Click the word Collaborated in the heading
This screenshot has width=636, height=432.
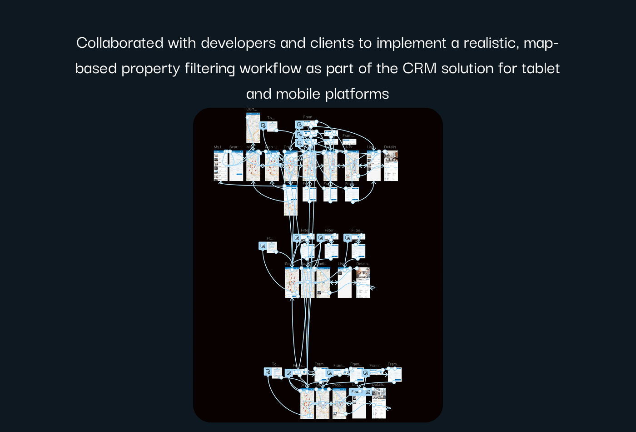(119, 43)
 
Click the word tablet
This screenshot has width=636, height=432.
(541, 68)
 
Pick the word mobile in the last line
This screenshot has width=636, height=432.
(298, 94)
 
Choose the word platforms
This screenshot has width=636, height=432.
(357, 94)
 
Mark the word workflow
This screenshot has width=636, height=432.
(270, 68)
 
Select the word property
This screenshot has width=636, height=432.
(150, 68)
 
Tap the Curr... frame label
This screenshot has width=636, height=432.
(252, 109)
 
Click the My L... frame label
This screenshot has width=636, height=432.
(219, 147)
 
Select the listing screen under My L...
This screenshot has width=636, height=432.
(220, 166)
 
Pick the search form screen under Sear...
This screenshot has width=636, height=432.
(236, 166)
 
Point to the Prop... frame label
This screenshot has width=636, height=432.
(338, 385)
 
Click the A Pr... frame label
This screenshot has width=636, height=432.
(350, 147)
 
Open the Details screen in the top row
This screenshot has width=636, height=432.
(391, 166)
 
